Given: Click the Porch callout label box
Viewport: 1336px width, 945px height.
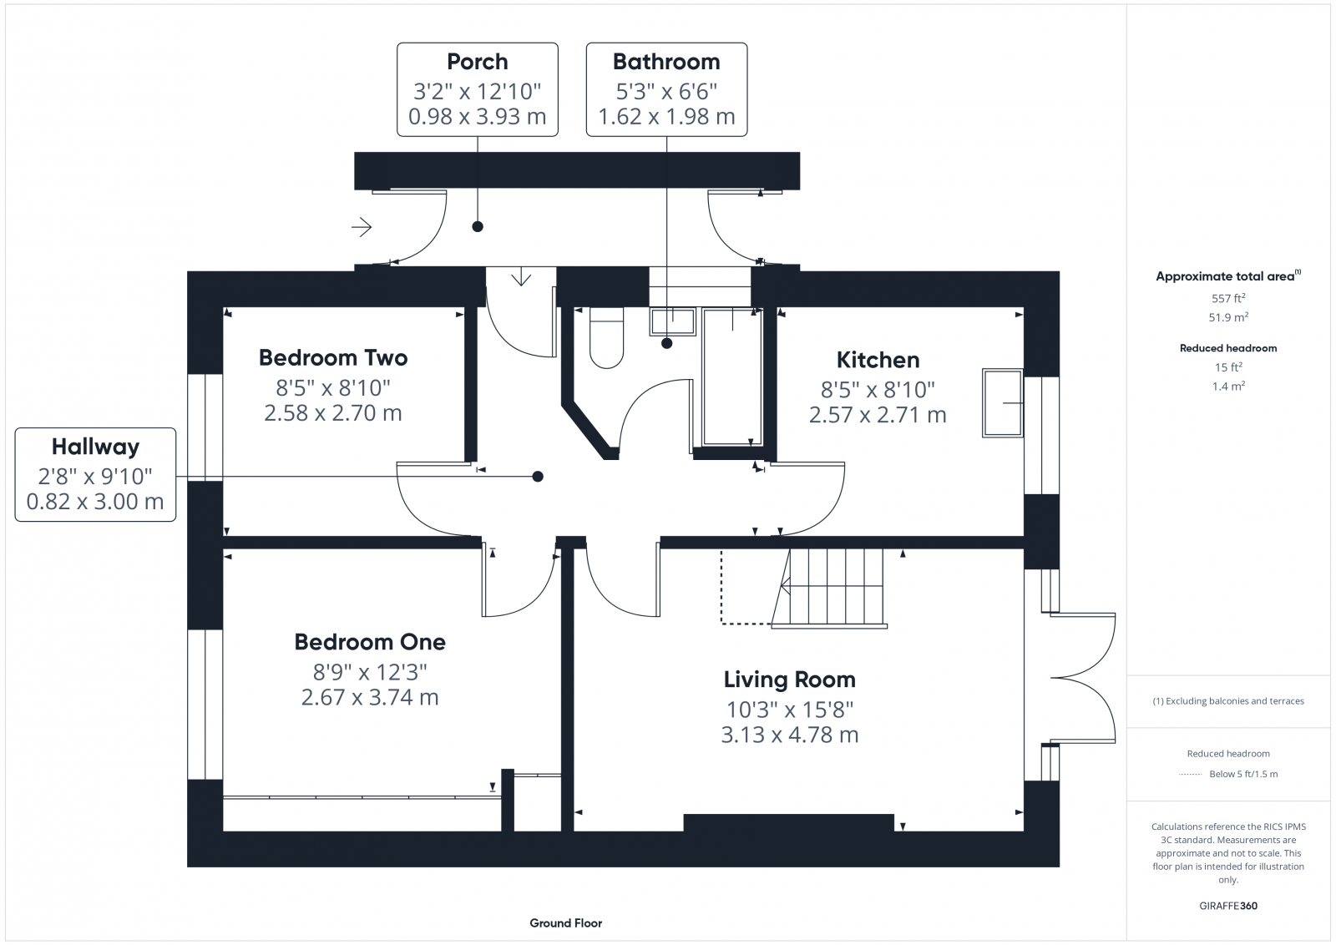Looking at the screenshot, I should click(477, 89).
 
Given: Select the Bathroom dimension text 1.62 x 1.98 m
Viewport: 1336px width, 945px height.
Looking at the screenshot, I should click(666, 117).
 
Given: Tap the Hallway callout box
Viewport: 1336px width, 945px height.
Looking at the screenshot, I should click(95, 474).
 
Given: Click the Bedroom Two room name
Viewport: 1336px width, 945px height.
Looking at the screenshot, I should click(333, 358).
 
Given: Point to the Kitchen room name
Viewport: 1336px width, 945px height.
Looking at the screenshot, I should click(878, 360).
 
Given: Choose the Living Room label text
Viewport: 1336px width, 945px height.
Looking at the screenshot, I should click(789, 680).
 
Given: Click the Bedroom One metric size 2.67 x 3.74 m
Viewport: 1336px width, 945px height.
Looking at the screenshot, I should click(370, 698).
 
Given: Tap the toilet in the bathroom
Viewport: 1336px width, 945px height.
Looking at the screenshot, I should click(606, 338).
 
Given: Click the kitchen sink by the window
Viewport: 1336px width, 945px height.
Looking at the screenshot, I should click(1002, 402).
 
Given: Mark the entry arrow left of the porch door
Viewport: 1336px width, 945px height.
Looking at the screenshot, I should click(362, 226).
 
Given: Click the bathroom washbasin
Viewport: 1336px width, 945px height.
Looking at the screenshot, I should click(672, 321).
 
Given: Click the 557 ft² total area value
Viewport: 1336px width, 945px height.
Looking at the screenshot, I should click(1227, 298).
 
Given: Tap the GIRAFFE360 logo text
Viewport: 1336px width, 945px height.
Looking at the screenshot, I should click(1227, 906).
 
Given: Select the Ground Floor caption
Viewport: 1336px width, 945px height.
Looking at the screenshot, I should click(565, 923).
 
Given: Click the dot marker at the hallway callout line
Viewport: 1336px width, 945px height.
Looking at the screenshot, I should click(538, 477).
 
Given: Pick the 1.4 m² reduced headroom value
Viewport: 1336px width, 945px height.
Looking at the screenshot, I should click(1227, 387).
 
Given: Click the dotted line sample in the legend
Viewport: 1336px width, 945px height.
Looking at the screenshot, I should click(1189, 775).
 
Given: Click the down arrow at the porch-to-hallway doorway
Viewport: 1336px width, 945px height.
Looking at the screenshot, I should click(521, 276).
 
